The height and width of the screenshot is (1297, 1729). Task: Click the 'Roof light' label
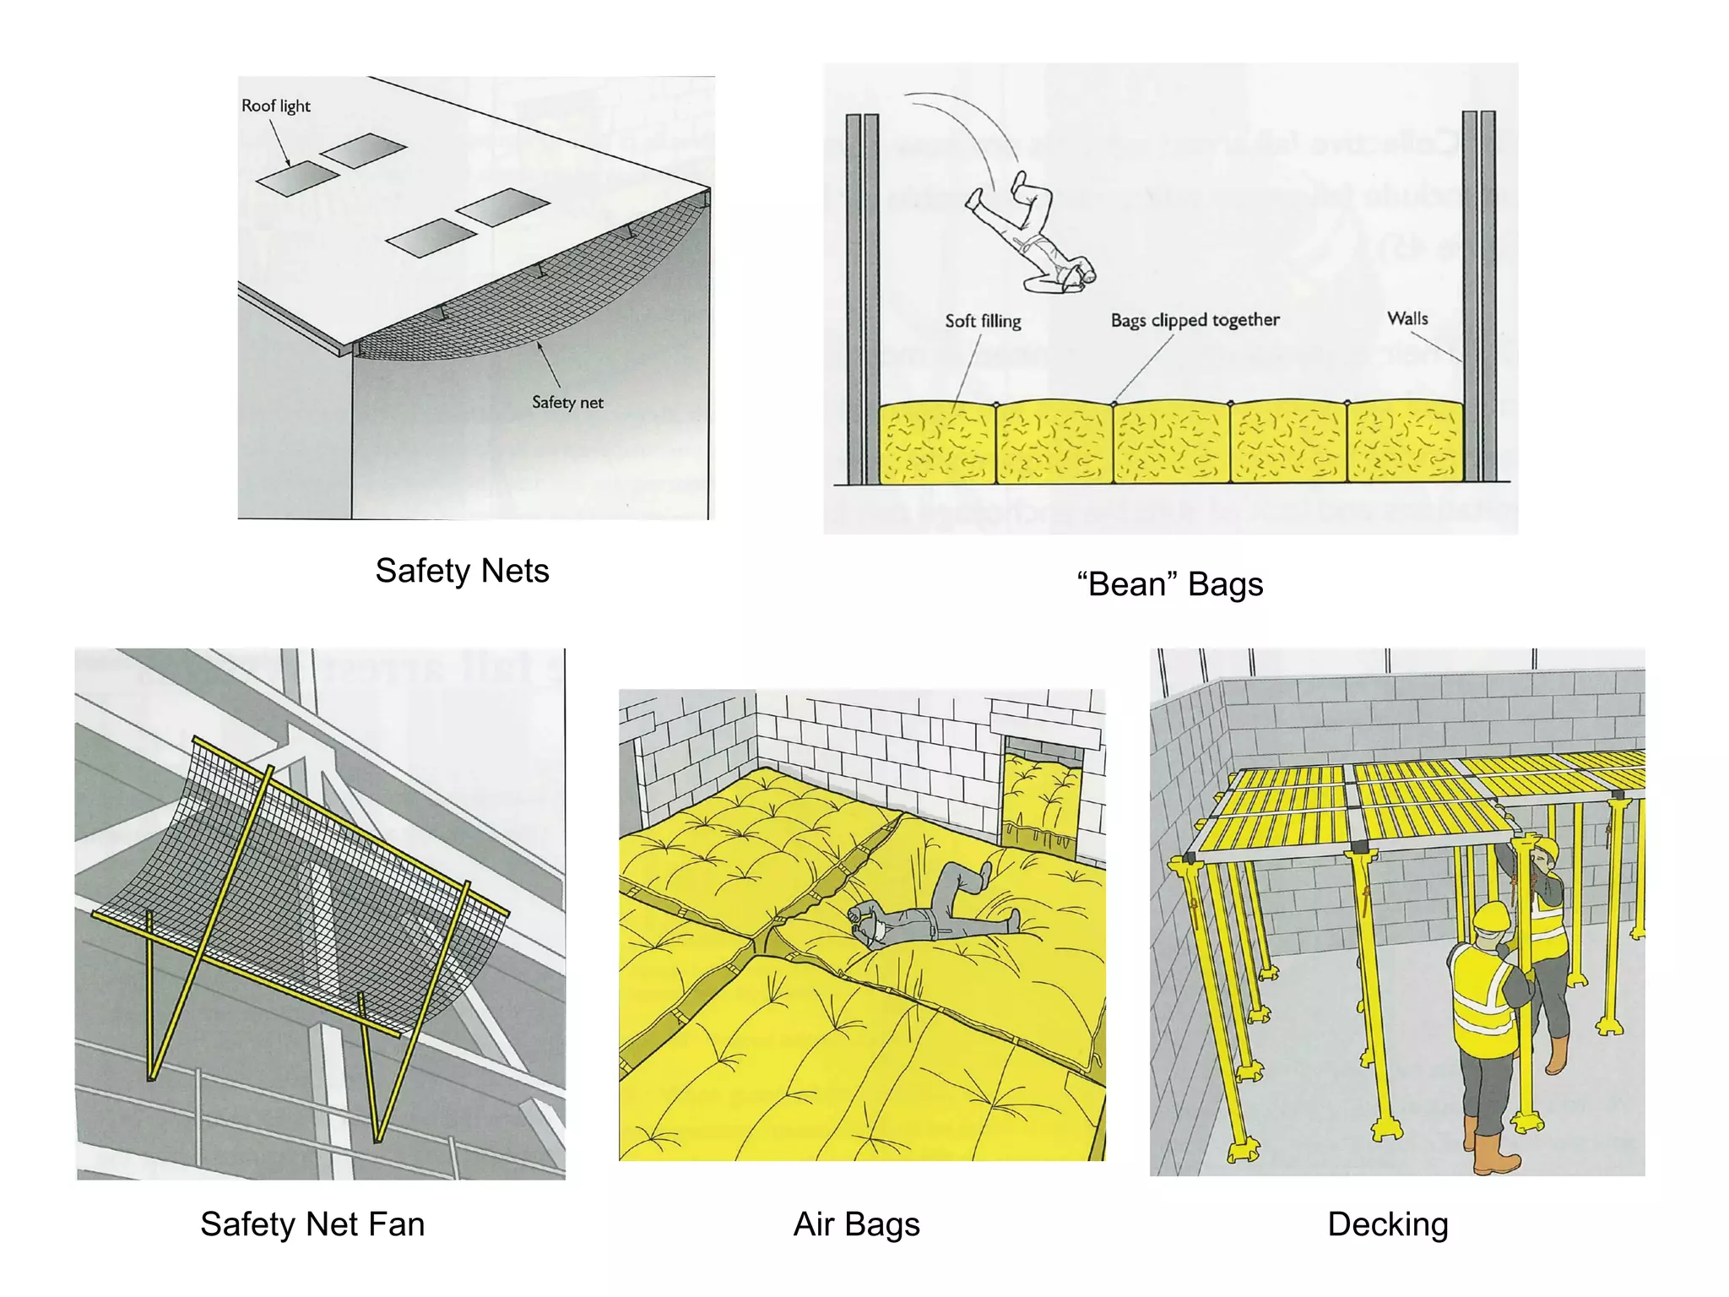(x=275, y=106)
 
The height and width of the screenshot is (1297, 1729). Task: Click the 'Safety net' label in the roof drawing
(x=567, y=403)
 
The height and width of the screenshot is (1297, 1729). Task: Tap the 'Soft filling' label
(x=983, y=321)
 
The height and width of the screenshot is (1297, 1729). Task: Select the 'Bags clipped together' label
(x=1195, y=320)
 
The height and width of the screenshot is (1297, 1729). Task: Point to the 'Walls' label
(x=1407, y=318)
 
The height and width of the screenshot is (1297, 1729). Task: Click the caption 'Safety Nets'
(x=462, y=571)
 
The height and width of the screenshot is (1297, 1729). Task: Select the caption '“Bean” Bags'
(x=1170, y=584)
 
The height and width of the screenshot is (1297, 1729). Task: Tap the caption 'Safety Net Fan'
(x=312, y=1224)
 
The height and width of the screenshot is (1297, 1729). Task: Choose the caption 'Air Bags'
(x=856, y=1224)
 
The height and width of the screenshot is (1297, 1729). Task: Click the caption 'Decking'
(x=1387, y=1224)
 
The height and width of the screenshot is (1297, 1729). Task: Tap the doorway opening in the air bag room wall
(x=1042, y=794)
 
